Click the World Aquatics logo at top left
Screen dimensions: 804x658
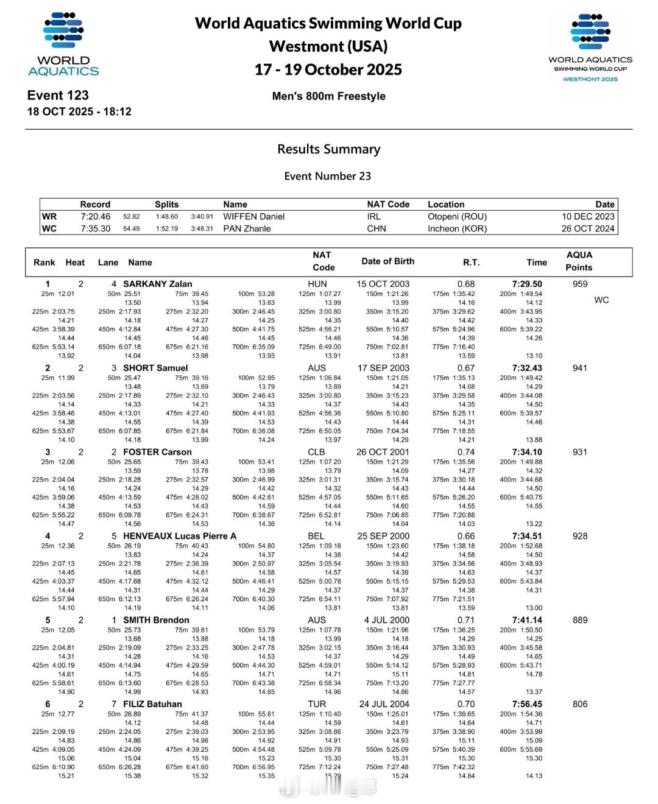point(63,44)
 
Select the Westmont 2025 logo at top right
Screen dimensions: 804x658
point(590,48)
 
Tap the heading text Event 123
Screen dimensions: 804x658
point(58,96)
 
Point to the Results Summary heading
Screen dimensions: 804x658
point(328,149)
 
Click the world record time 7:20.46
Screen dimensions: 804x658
point(96,217)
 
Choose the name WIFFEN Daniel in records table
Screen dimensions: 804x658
point(253,217)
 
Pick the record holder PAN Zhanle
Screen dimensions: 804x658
point(247,229)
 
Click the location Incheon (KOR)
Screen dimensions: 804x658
point(457,229)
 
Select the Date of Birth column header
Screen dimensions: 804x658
point(387,261)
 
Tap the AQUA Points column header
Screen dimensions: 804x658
point(579,261)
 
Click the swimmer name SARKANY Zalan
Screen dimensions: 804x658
point(157,284)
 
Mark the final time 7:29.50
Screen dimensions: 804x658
point(527,284)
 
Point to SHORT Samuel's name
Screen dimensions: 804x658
point(155,368)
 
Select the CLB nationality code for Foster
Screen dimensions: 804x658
point(317,452)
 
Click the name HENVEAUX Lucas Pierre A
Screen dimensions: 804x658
point(179,536)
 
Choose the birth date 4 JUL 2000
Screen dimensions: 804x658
point(387,620)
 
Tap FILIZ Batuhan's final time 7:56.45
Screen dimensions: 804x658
point(527,704)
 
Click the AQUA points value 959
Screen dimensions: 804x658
point(580,284)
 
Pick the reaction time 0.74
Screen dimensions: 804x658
point(466,452)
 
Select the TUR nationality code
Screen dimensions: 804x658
point(317,704)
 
